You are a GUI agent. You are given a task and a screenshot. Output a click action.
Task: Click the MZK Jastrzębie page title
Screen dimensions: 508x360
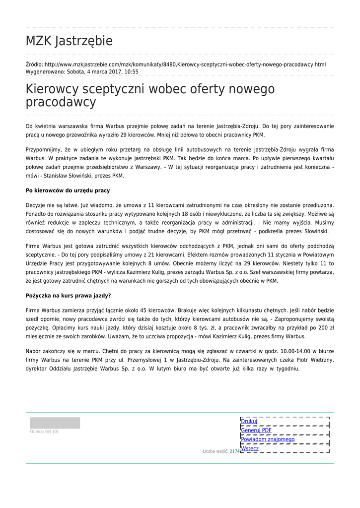click(x=69, y=41)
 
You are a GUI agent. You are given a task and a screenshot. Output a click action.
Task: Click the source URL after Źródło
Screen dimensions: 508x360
click(x=185, y=64)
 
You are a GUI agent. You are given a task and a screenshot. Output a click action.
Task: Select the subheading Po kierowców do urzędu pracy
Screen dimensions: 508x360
click(x=68, y=190)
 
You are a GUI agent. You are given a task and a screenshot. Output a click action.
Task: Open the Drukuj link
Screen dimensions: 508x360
click(x=249, y=421)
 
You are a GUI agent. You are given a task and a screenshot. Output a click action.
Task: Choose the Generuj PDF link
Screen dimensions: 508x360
click(x=256, y=430)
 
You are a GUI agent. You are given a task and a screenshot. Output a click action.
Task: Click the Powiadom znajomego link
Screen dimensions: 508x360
click(x=268, y=439)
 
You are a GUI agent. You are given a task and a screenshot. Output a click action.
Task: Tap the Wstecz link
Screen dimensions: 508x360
click(x=250, y=448)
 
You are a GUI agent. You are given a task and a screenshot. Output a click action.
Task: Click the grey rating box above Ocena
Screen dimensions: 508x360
click(x=55, y=423)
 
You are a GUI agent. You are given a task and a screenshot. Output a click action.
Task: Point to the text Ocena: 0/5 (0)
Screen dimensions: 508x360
click(x=44, y=432)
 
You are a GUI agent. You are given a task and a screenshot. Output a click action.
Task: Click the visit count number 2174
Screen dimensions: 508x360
click(x=234, y=451)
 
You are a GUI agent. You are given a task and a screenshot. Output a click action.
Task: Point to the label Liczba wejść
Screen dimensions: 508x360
click(x=215, y=451)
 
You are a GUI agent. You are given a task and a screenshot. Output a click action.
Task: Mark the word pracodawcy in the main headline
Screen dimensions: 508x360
click(x=61, y=103)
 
